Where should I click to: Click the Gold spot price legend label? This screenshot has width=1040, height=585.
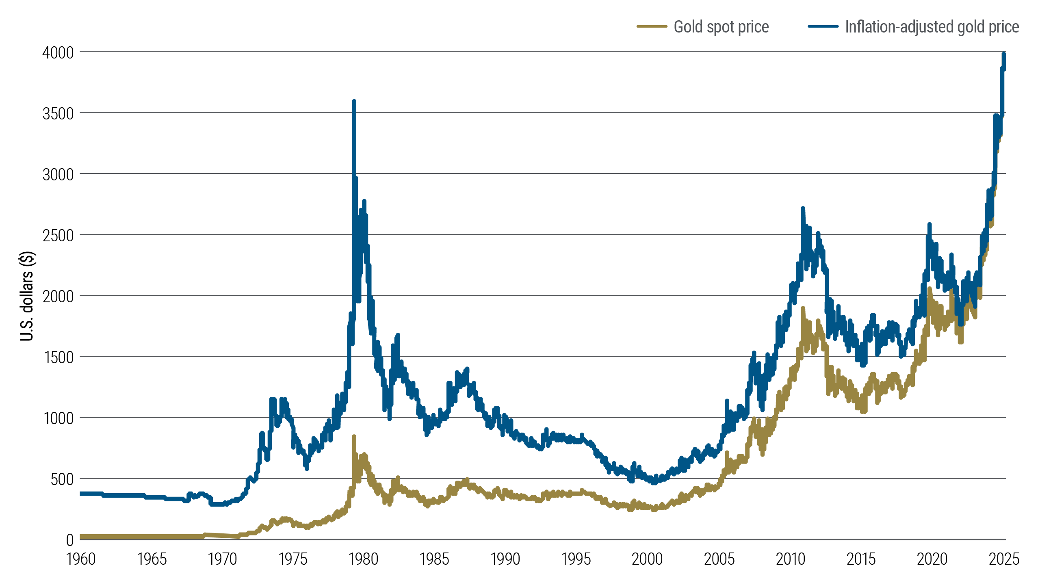pyautogui.click(x=721, y=27)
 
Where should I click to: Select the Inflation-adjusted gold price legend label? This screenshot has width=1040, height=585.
pyautogui.click(x=932, y=27)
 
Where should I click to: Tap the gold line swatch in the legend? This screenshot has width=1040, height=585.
pyautogui.click(x=652, y=27)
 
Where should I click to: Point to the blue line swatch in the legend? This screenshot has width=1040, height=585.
pyautogui.click(x=823, y=27)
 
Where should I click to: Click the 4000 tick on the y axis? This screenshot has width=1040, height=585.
pyautogui.click(x=58, y=52)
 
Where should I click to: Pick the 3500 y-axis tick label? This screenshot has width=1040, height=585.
pyautogui.click(x=58, y=113)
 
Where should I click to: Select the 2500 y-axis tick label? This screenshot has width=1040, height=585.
pyautogui.click(x=58, y=235)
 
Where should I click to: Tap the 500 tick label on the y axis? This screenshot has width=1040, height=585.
pyautogui.click(x=62, y=479)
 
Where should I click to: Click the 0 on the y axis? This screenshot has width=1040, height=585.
pyautogui.click(x=70, y=540)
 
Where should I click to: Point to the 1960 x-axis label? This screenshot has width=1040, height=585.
pyautogui.click(x=81, y=559)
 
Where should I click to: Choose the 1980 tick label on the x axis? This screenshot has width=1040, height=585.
pyautogui.click(x=364, y=559)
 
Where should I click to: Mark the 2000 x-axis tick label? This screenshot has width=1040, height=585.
pyautogui.click(x=647, y=559)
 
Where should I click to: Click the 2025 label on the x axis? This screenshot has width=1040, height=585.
pyautogui.click(x=1004, y=559)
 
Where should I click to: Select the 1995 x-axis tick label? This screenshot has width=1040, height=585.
pyautogui.click(x=576, y=559)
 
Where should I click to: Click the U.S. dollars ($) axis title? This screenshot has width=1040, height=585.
pyautogui.click(x=27, y=296)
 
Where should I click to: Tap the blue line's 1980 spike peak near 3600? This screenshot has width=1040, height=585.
pyautogui.click(x=354, y=102)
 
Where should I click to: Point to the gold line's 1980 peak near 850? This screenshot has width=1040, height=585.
pyautogui.click(x=354, y=437)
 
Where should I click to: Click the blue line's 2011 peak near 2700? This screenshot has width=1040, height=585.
pyautogui.click(x=803, y=209)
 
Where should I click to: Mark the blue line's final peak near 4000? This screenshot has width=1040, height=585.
pyautogui.click(x=1004, y=54)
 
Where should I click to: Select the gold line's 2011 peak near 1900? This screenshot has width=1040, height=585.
pyautogui.click(x=803, y=309)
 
